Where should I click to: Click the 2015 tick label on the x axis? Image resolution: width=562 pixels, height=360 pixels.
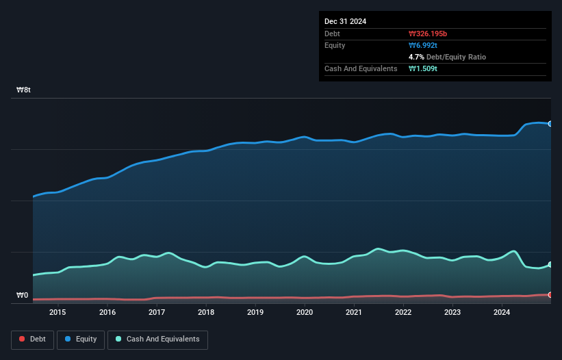point(58,313)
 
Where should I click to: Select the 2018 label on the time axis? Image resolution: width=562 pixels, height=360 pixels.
point(206,313)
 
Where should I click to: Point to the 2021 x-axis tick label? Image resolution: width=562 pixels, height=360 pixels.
point(354,313)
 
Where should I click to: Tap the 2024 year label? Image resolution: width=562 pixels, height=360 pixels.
point(502,313)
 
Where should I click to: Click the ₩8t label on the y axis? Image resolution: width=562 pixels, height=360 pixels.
point(24,90)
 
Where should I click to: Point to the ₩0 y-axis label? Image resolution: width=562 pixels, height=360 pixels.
point(23,296)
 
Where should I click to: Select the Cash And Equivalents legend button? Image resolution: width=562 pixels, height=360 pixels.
point(157,339)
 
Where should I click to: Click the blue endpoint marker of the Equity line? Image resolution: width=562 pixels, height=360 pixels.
point(550,124)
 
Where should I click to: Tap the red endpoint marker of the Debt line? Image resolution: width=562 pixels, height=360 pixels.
point(550,295)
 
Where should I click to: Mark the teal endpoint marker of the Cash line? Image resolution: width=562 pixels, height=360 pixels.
point(550,265)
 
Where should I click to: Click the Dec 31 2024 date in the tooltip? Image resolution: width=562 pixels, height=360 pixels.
point(345,21)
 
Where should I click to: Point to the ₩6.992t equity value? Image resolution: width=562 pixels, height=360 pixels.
point(424,45)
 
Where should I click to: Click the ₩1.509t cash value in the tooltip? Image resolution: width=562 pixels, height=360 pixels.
point(424,68)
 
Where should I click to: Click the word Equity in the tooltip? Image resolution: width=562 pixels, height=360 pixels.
point(335,45)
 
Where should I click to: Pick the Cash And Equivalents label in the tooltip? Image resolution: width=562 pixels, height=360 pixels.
point(361,68)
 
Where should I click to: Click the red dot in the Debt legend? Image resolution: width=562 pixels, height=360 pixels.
point(22,339)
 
